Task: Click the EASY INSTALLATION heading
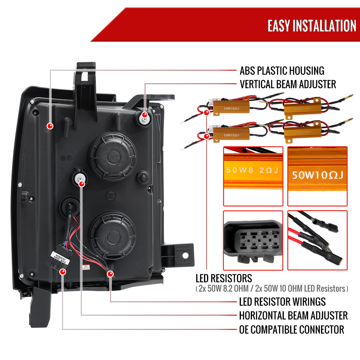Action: (312, 26)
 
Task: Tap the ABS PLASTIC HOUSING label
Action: (282, 71)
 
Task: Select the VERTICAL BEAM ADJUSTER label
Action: (288, 84)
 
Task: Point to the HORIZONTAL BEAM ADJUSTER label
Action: (293, 316)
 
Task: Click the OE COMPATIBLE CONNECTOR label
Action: (291, 329)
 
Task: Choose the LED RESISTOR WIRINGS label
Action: (282, 301)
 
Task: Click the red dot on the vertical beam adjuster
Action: (145, 115)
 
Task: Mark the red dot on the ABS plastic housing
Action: (50, 126)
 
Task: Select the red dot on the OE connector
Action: (63, 272)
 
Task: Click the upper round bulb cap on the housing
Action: (112, 156)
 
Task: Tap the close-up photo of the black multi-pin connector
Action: (253, 240)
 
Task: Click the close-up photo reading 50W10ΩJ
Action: (317, 176)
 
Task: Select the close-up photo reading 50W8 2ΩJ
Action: (253, 176)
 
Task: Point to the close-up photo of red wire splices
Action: (317, 240)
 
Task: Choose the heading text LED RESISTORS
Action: (224, 278)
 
